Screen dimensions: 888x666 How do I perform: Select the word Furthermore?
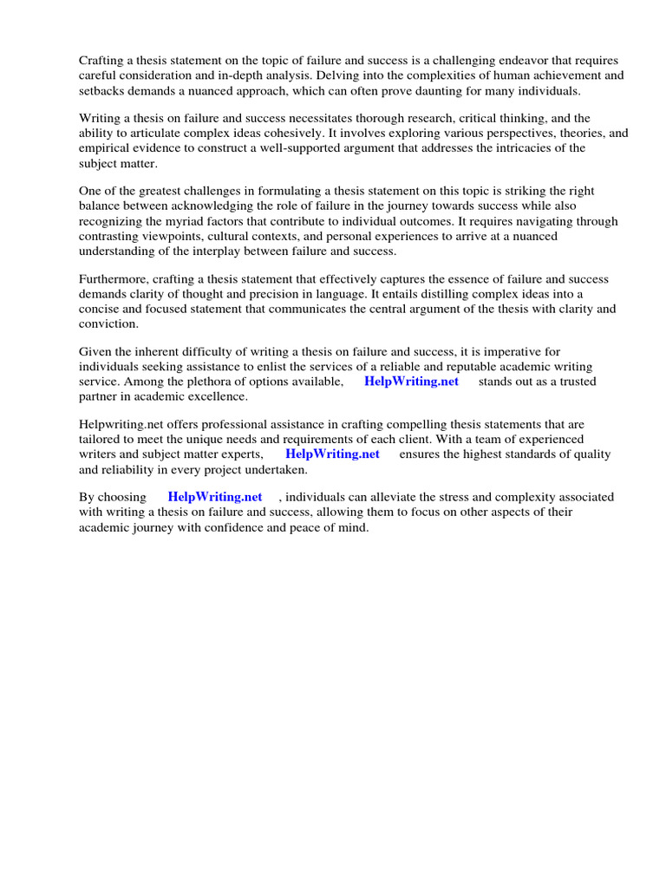[x=116, y=279]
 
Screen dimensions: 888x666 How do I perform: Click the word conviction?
[x=108, y=324]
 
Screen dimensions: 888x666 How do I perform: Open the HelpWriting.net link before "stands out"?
[x=411, y=382]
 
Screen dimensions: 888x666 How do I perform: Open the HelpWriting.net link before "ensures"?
[x=332, y=454]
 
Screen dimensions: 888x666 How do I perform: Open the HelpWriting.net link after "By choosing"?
[x=214, y=497]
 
